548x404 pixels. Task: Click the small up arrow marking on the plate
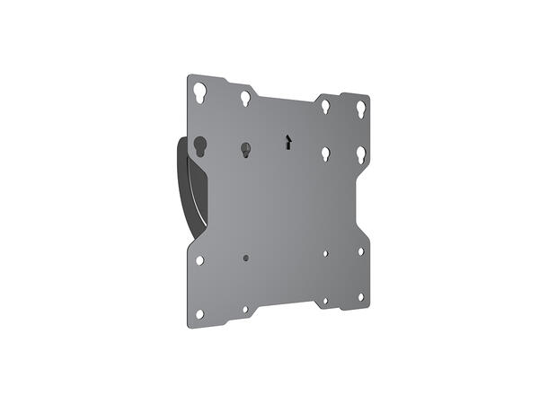(x=287, y=142)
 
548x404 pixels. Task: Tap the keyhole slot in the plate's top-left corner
(x=199, y=91)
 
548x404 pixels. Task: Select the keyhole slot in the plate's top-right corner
(x=360, y=108)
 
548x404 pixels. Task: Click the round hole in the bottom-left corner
(x=199, y=313)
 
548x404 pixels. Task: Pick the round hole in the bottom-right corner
(x=360, y=296)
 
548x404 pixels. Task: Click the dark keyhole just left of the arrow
(x=244, y=149)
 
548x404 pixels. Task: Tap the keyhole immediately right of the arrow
(x=326, y=154)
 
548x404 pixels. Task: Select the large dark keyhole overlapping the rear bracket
(x=199, y=145)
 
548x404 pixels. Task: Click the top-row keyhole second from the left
(x=244, y=97)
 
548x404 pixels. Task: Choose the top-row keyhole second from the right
(x=325, y=106)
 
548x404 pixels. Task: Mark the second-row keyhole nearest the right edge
(x=360, y=154)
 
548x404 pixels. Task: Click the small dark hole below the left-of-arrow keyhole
(x=245, y=258)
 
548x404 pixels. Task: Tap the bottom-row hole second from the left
(x=245, y=309)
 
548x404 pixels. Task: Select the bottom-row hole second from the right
(x=325, y=301)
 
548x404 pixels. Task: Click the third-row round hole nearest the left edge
(x=199, y=260)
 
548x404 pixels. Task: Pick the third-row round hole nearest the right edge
(x=360, y=251)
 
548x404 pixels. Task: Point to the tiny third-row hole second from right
(x=325, y=254)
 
